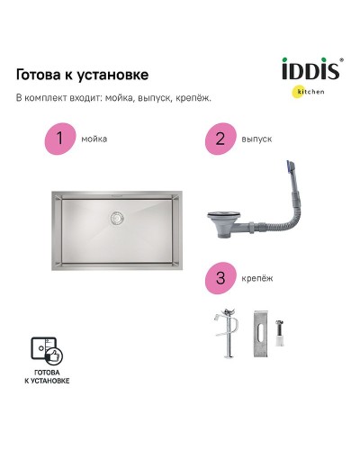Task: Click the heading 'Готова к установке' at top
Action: (83, 75)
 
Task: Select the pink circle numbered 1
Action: (59, 139)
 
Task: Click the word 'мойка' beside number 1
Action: (94, 139)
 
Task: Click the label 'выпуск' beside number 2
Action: (256, 139)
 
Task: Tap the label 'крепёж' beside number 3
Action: (257, 279)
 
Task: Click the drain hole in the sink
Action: (115, 217)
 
